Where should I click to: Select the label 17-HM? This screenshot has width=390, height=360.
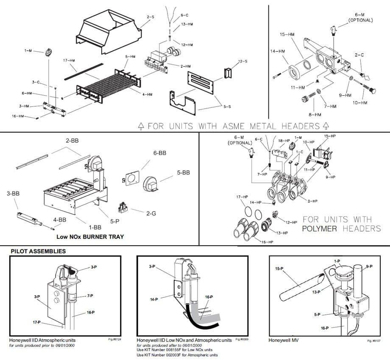coord(70,60)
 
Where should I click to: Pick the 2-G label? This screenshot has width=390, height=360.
coord(151,213)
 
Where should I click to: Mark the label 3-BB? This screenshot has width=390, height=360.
coord(13,194)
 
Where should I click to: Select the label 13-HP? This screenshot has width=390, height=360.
coord(282,233)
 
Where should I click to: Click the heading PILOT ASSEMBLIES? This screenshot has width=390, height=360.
coord(38,251)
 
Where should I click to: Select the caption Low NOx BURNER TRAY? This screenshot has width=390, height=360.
coord(90,237)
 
